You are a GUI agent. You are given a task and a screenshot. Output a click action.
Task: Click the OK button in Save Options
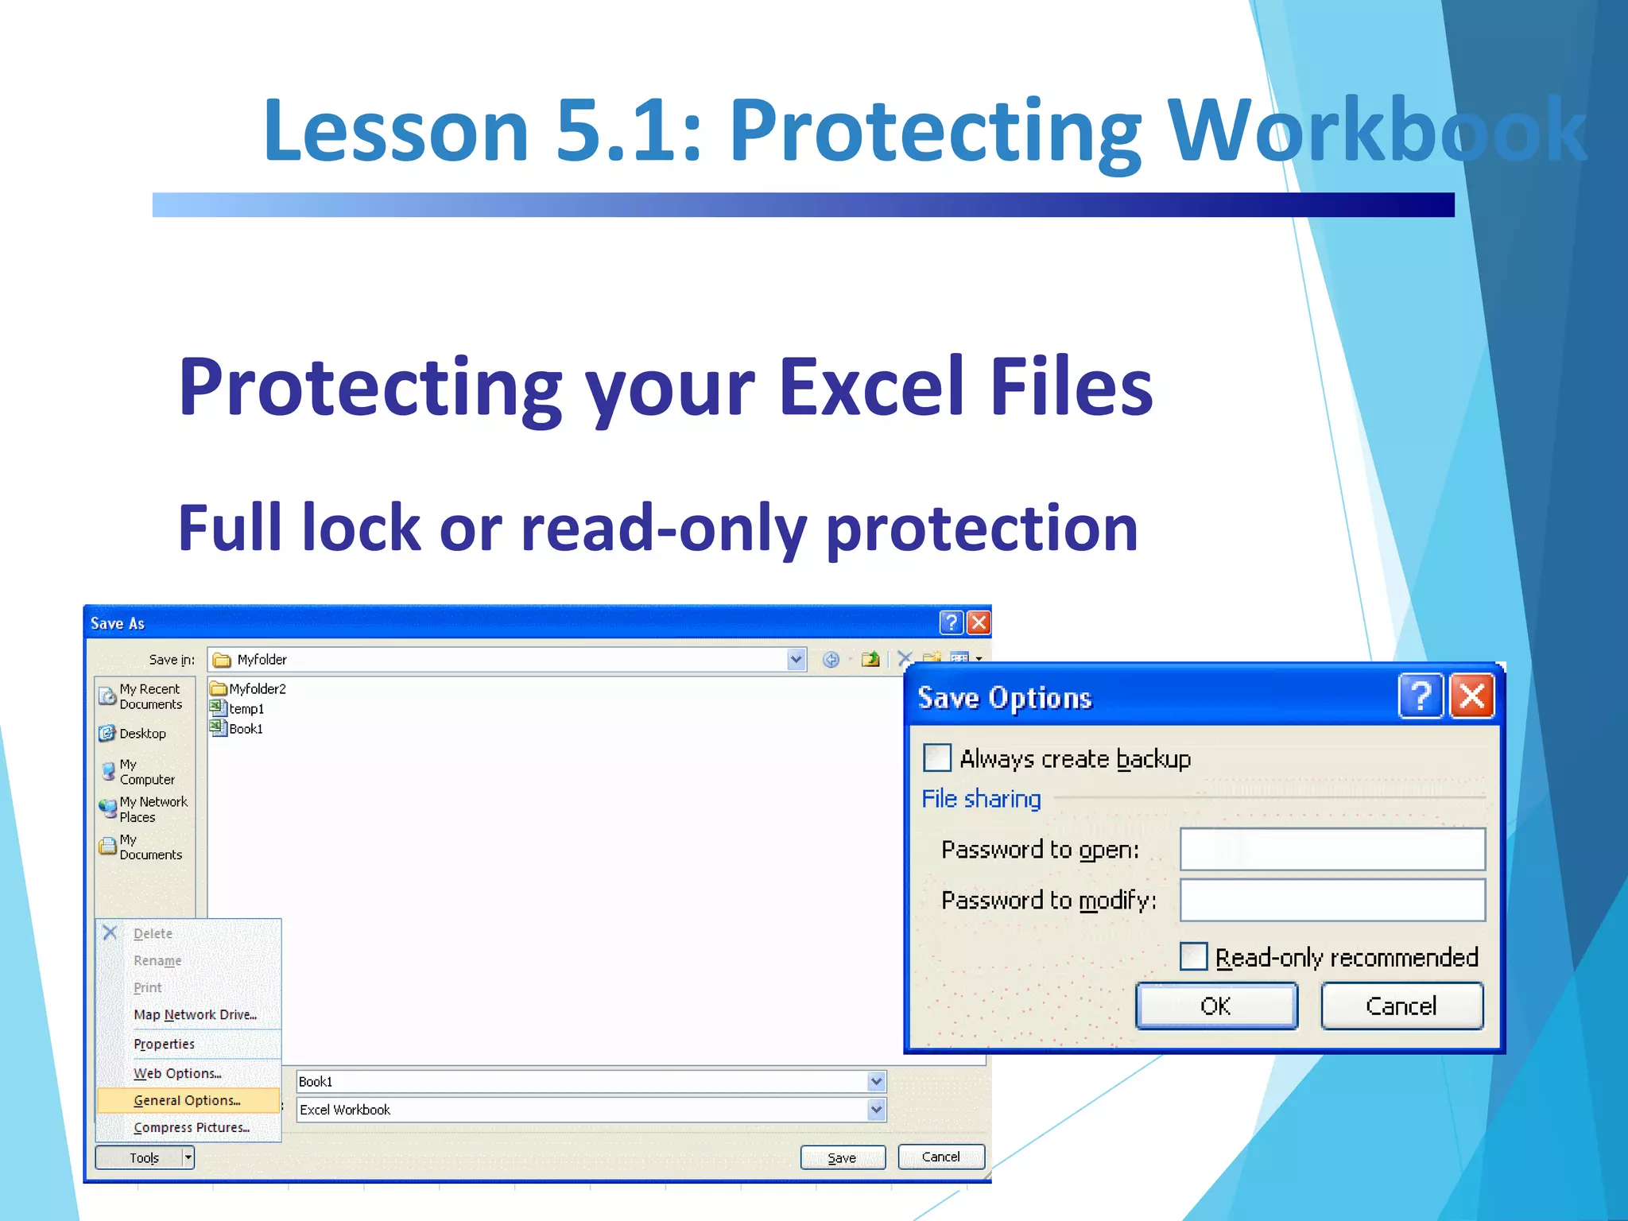point(1216,1006)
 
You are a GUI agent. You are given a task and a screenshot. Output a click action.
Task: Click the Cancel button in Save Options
point(1401,1006)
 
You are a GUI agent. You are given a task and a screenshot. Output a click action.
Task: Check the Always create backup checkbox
point(937,758)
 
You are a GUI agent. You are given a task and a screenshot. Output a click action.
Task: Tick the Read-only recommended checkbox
point(1193,956)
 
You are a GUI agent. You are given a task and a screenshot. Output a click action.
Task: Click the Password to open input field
point(1332,849)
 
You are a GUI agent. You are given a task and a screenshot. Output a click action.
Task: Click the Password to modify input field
point(1332,900)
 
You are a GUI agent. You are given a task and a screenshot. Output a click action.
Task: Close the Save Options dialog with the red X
point(1471,696)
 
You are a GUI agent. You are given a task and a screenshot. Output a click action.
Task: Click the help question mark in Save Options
point(1420,696)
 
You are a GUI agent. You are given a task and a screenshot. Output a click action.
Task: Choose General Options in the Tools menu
point(187,1100)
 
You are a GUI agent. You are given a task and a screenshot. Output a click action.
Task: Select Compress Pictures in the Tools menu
point(191,1127)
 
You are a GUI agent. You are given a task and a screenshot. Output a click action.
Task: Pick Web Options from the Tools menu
point(177,1073)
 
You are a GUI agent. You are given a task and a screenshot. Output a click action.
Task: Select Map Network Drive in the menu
point(195,1014)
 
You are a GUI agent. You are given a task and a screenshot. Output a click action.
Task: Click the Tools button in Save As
point(144,1157)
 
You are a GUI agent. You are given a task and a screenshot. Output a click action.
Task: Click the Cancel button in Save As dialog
point(940,1157)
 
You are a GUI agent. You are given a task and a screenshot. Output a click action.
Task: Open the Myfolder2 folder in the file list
point(256,688)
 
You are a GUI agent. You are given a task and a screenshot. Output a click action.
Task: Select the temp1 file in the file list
point(246,708)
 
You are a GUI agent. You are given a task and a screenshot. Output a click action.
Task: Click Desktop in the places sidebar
point(142,733)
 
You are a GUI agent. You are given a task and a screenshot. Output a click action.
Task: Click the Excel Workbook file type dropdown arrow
point(876,1109)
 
